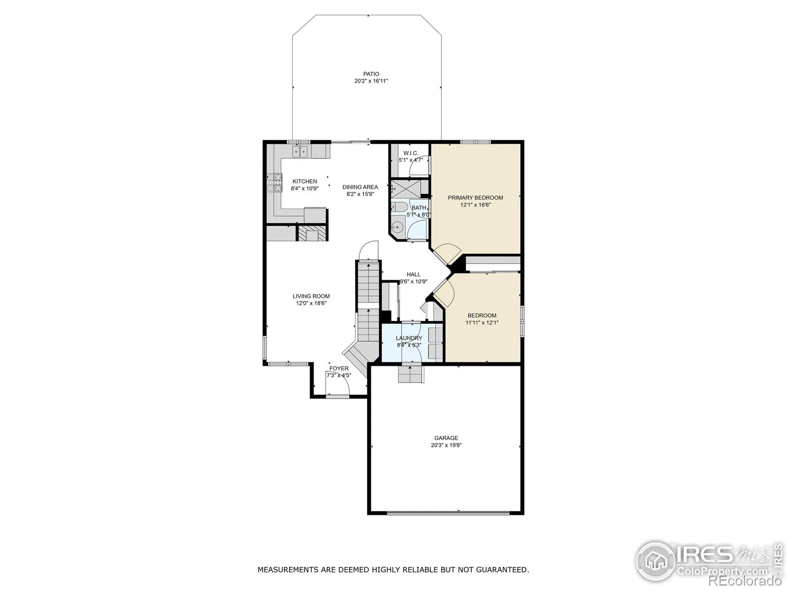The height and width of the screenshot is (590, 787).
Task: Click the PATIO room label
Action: [371, 74]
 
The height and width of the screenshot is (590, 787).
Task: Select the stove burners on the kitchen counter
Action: [274, 183]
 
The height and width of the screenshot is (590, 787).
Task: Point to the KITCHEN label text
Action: [305, 181]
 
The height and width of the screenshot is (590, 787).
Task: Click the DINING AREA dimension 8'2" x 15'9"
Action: [360, 194]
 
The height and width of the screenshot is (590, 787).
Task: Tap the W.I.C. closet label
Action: [411, 153]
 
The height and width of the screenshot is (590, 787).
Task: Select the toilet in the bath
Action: [398, 206]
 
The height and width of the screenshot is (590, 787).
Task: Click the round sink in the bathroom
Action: [397, 226]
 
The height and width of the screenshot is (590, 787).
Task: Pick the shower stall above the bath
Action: [405, 188]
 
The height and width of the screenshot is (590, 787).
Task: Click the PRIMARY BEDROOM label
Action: [476, 198]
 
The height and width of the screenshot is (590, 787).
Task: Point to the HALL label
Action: [413, 274]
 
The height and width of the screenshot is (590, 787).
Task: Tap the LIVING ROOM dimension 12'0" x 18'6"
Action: [311, 303]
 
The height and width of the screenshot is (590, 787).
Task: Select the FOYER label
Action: [339, 368]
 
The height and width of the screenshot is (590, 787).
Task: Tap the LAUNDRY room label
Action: [409, 338]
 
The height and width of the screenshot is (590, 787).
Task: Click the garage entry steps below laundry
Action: [411, 374]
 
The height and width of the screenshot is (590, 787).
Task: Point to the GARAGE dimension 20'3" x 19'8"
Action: [446, 445]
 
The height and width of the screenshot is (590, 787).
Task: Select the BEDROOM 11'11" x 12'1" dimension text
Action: [482, 323]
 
